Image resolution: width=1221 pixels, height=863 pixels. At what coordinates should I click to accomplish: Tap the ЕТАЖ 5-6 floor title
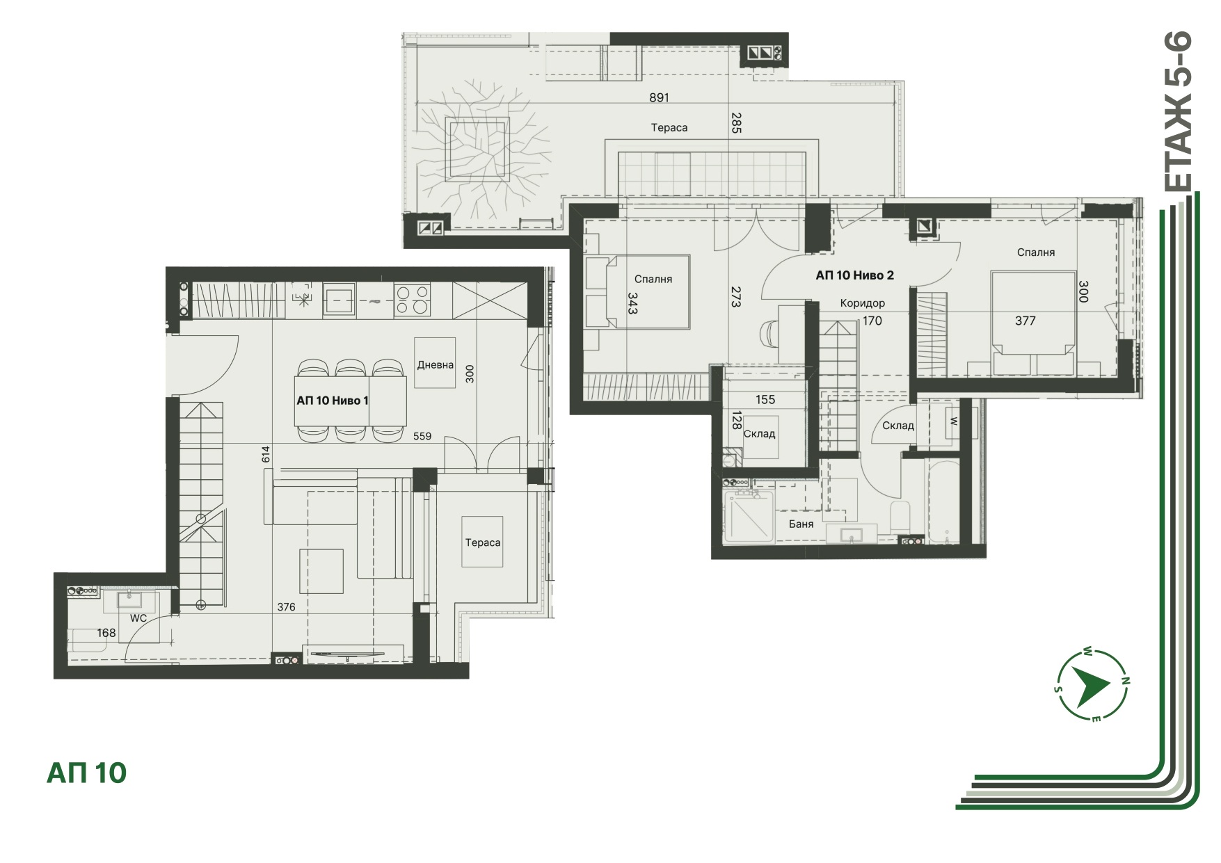coord(1178,111)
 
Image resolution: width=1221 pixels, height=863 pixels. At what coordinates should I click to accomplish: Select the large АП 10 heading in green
coord(86,773)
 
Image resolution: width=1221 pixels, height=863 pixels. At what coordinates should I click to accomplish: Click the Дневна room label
coord(436,364)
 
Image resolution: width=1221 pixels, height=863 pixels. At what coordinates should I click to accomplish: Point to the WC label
coord(138,618)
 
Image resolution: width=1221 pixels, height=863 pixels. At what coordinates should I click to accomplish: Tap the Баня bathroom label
coord(801,524)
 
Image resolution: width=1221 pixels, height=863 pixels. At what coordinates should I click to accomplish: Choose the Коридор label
coord(862,303)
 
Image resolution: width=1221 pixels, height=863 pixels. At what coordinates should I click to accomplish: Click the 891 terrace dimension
coord(659,97)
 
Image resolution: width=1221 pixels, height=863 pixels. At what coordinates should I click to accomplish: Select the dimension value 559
coord(422,436)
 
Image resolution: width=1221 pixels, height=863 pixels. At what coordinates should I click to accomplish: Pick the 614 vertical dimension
coord(265,454)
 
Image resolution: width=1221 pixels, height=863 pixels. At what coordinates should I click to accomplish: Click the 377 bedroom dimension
coord(1025,321)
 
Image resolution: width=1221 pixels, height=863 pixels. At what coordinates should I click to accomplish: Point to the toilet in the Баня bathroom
coord(900,516)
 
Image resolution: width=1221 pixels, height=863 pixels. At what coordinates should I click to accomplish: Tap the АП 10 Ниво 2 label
coord(854,275)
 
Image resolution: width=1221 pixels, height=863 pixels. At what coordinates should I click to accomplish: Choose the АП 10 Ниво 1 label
coord(333,401)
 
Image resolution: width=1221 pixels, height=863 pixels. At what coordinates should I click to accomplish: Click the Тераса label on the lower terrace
coord(483,542)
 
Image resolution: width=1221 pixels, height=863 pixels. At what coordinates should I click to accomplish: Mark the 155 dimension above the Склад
coord(765,399)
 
